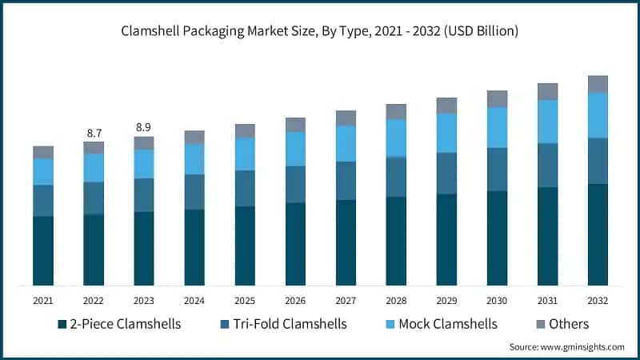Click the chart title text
320,32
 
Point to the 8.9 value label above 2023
144,126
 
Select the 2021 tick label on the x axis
43,301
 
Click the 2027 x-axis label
346,301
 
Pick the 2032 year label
598,301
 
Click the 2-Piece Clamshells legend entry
119,324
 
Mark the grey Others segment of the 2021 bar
43,152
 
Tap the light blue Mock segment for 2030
497,127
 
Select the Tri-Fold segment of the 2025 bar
245,188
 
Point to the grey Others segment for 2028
396,111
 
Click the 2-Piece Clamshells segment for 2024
194,247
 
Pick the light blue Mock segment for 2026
295,149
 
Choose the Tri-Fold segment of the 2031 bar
547,166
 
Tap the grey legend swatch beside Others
540,325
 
